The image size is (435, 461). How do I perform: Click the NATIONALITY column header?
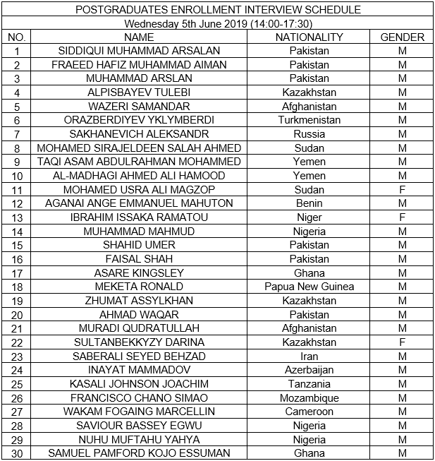coord(309,37)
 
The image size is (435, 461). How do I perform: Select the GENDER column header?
coord(402,37)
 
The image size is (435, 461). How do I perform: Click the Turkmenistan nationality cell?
coord(309,120)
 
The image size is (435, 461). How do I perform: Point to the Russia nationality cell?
coord(309,134)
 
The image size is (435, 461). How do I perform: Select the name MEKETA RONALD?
coord(139,287)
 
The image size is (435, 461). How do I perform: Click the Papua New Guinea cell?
coord(309,287)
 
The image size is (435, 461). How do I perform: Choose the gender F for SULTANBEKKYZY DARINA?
coord(402,342)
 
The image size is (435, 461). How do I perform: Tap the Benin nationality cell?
coord(309,203)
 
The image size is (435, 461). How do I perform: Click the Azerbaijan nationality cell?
coord(309,370)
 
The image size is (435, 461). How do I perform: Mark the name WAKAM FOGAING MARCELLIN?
coord(139,412)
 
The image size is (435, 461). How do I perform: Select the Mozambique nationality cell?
coord(309,398)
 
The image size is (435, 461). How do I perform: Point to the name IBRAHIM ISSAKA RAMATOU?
coord(139,217)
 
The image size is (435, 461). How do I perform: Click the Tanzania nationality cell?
coord(309,384)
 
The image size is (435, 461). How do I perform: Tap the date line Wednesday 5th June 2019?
coord(217,23)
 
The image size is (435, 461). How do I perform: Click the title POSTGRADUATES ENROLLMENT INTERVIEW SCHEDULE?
coord(217,9)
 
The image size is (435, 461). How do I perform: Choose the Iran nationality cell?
coord(309,357)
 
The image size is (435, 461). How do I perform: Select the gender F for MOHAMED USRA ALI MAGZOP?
coord(402,190)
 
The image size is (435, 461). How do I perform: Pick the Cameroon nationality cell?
coord(309,412)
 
